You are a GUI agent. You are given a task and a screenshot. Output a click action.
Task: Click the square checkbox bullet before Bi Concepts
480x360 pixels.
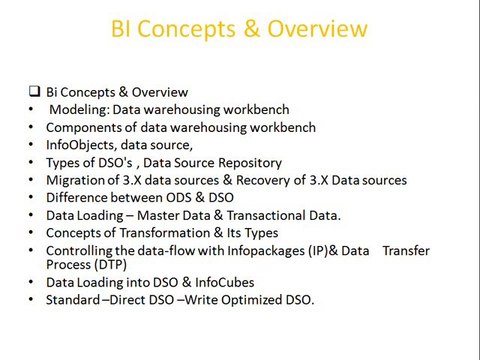click(35, 91)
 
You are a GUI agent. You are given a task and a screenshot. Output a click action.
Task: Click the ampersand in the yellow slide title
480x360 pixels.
click(252, 28)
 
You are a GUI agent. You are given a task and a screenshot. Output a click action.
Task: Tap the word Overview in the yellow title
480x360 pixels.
click(317, 29)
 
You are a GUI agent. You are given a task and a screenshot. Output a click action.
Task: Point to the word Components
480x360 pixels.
click(84, 128)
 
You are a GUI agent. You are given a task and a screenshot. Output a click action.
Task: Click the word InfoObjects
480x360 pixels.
click(82, 145)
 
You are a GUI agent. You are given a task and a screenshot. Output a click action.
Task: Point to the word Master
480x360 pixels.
click(157, 215)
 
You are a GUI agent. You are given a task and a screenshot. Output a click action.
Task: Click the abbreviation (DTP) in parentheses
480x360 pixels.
click(110, 265)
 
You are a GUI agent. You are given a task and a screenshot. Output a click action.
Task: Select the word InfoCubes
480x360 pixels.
click(225, 282)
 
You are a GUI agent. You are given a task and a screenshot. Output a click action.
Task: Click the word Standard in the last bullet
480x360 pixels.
click(73, 300)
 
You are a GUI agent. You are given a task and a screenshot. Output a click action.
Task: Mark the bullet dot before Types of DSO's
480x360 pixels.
click(31, 162)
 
